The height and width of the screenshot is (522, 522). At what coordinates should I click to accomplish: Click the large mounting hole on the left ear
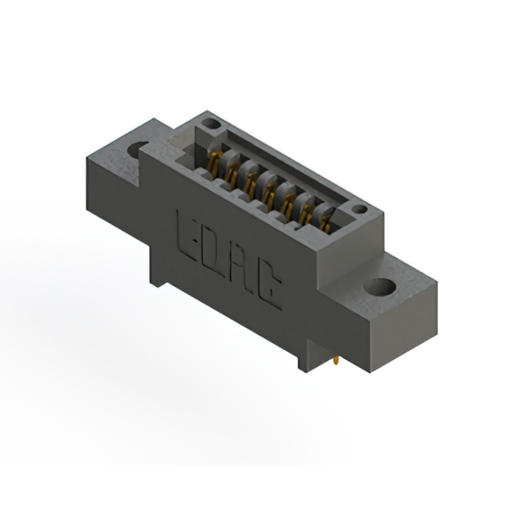pos(138,149)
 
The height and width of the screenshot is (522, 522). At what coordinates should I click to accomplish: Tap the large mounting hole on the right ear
pos(380,287)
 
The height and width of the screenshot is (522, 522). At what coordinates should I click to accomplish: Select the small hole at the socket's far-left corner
pos(210,124)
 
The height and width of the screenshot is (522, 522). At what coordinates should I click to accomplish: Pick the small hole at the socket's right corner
pos(360,210)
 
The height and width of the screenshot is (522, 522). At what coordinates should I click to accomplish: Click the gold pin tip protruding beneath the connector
pos(337,361)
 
